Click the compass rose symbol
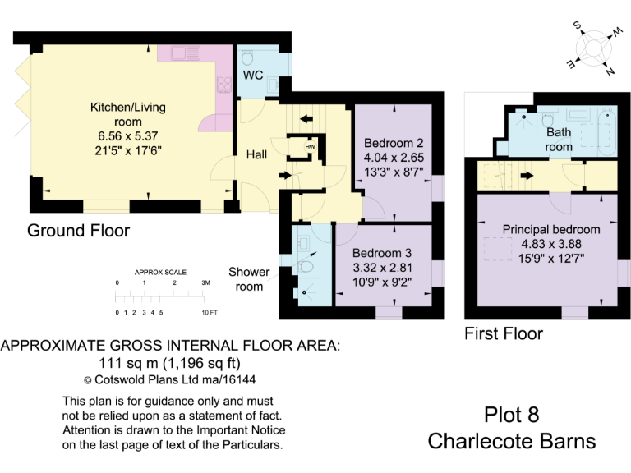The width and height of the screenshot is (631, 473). [592, 49]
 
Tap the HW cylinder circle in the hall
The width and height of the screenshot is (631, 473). [310, 148]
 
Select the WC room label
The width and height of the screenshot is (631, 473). [252, 76]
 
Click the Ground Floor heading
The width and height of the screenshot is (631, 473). [78, 231]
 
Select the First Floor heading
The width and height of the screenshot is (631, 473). [504, 333]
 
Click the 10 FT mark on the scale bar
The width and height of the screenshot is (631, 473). [209, 313]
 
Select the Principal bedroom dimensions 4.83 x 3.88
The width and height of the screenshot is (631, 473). [550, 244]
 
